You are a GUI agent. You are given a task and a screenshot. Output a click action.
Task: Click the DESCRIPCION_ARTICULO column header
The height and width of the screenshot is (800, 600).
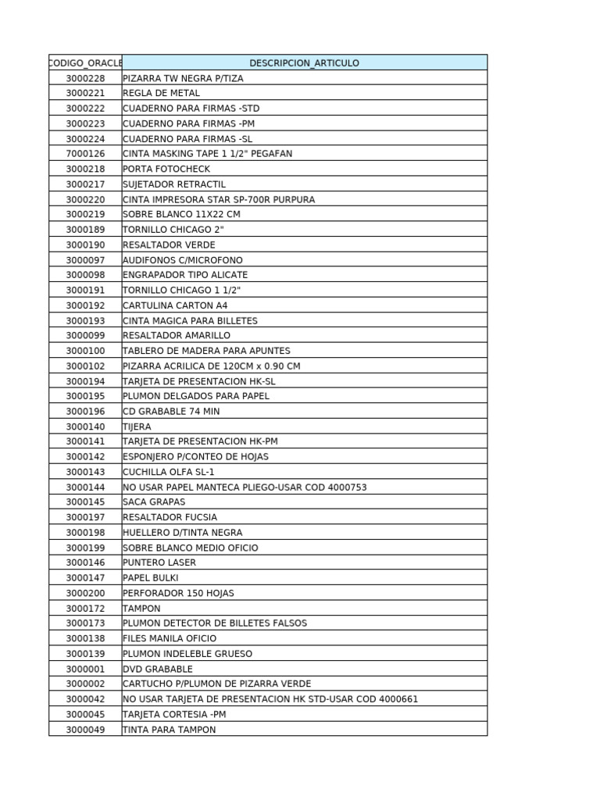pyautogui.click(x=305, y=62)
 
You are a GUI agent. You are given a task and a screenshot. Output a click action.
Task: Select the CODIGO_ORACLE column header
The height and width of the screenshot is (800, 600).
pyautogui.click(x=85, y=62)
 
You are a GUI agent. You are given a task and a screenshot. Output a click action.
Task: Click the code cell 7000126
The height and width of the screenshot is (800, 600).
pyautogui.click(x=85, y=154)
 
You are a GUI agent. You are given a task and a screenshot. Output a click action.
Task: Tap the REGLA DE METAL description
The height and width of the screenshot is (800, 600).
pyautogui.click(x=161, y=93)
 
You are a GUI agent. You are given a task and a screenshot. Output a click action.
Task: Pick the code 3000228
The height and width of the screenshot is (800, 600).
pyautogui.click(x=85, y=78)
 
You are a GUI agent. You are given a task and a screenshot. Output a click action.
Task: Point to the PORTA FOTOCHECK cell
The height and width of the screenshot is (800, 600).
pyautogui.click(x=166, y=169)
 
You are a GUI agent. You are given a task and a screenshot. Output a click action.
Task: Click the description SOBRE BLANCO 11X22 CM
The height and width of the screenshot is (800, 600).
pyautogui.click(x=181, y=214)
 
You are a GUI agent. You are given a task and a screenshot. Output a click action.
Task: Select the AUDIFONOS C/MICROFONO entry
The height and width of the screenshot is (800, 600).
pyautogui.click(x=183, y=260)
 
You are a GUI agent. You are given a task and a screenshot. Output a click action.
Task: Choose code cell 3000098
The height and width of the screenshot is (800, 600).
pyautogui.click(x=85, y=275)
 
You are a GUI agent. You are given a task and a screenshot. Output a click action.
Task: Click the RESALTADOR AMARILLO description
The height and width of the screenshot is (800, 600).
pyautogui.click(x=177, y=336)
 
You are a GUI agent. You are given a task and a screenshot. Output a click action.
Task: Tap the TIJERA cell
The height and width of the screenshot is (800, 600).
pyautogui.click(x=137, y=427)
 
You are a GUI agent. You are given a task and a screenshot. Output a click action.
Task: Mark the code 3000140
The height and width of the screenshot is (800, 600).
pyautogui.click(x=85, y=427)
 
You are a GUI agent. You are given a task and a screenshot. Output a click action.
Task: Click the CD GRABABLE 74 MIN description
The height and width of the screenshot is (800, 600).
pyautogui.click(x=171, y=412)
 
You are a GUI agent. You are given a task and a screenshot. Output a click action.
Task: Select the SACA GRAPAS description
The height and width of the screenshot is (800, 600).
pyautogui.click(x=154, y=502)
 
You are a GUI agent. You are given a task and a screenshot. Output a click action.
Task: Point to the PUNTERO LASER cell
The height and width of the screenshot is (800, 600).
pyautogui.click(x=159, y=562)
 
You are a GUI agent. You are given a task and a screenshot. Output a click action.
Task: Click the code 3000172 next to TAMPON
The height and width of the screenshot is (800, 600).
pyautogui.click(x=85, y=608)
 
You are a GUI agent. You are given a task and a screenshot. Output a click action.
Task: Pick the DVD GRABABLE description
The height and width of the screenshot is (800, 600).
pyautogui.click(x=157, y=669)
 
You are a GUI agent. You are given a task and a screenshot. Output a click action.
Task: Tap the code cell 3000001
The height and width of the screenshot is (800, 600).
pyautogui.click(x=85, y=669)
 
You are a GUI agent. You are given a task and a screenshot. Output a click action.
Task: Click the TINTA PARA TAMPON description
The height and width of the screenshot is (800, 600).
pyautogui.click(x=169, y=730)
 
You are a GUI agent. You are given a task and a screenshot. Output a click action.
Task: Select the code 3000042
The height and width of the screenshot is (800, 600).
pyautogui.click(x=85, y=699)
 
